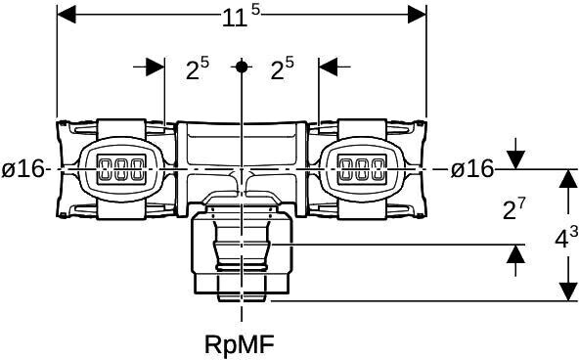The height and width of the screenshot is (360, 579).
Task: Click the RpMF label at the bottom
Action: point(240,344)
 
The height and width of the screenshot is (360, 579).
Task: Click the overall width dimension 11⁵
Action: point(241,17)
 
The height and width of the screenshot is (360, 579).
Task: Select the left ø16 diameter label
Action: point(22,169)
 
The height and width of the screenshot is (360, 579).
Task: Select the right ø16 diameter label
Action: point(472,168)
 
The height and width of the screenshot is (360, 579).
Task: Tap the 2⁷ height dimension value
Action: point(513,208)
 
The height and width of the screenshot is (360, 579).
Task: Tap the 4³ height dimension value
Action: point(566,237)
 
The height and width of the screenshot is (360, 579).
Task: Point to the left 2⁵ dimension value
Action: point(198,68)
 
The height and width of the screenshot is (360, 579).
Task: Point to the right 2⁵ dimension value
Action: point(282,68)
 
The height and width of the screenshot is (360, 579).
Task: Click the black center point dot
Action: point(242,67)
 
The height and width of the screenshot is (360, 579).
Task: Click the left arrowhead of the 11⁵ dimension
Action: point(67,15)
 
